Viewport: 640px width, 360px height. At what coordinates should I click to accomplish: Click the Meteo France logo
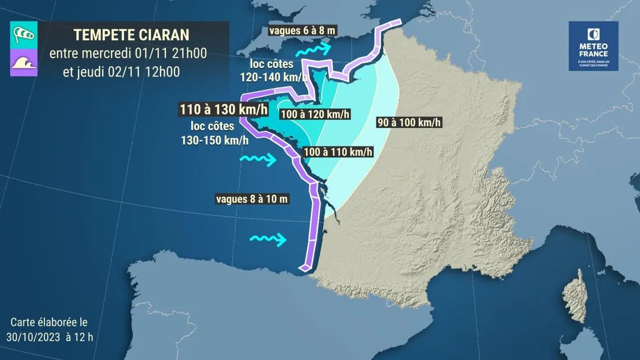coord(593,46)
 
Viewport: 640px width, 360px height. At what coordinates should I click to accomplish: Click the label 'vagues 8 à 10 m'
coord(253,199)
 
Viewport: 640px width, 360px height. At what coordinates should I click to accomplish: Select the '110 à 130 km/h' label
coord(224,109)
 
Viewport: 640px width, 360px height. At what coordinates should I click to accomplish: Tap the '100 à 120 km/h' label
coord(315,114)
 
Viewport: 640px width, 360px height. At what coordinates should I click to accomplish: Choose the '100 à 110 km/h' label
coord(338,152)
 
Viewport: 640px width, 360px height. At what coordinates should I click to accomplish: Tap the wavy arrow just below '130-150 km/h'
coord(259,159)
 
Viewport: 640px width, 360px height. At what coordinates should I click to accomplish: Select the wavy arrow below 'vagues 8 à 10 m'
coord(268,238)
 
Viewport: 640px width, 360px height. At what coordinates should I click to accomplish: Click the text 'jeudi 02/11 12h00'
coord(121,72)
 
